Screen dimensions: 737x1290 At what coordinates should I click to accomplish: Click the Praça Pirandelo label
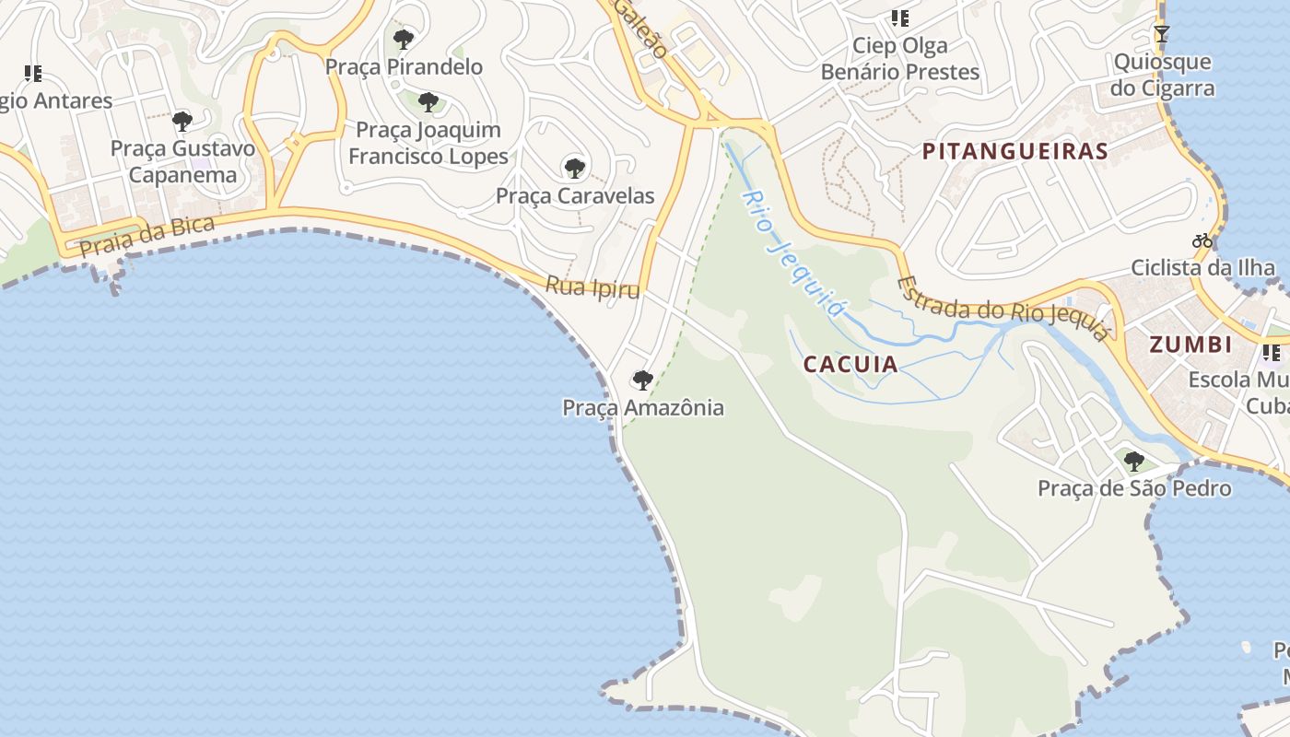coord(404,66)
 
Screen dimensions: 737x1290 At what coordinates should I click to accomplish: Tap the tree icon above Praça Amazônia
coord(642,380)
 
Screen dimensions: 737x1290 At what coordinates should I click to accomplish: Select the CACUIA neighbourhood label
coord(850,364)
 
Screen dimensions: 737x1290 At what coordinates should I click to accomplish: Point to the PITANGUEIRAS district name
coord(1014,152)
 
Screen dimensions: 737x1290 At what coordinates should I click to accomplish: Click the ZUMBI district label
coord(1190,345)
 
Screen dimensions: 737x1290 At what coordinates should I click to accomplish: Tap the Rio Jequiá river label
coord(793,253)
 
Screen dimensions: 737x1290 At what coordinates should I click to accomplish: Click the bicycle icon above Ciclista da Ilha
coord(1202,240)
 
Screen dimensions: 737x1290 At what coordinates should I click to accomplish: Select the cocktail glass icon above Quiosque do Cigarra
coord(1162,34)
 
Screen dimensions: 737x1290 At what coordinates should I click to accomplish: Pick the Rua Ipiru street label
coord(592,287)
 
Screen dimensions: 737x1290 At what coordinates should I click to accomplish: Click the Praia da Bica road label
coord(147,236)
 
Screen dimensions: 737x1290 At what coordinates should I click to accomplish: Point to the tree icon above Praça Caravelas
coord(574,168)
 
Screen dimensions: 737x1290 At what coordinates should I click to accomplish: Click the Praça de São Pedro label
coord(1134,488)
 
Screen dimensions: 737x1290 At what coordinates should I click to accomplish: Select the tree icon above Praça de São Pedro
coord(1134,461)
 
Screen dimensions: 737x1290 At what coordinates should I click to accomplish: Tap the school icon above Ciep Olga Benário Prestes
coord(899,18)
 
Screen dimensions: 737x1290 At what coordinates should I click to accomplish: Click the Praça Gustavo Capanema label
coord(182,161)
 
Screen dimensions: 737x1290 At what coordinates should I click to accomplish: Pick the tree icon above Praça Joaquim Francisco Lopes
coord(428,102)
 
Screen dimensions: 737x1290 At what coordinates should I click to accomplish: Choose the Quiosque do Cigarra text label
coord(1162,76)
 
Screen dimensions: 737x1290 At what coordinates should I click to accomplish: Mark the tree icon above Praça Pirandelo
coord(403,39)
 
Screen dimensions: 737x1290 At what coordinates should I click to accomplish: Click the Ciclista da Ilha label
coord(1202,268)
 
